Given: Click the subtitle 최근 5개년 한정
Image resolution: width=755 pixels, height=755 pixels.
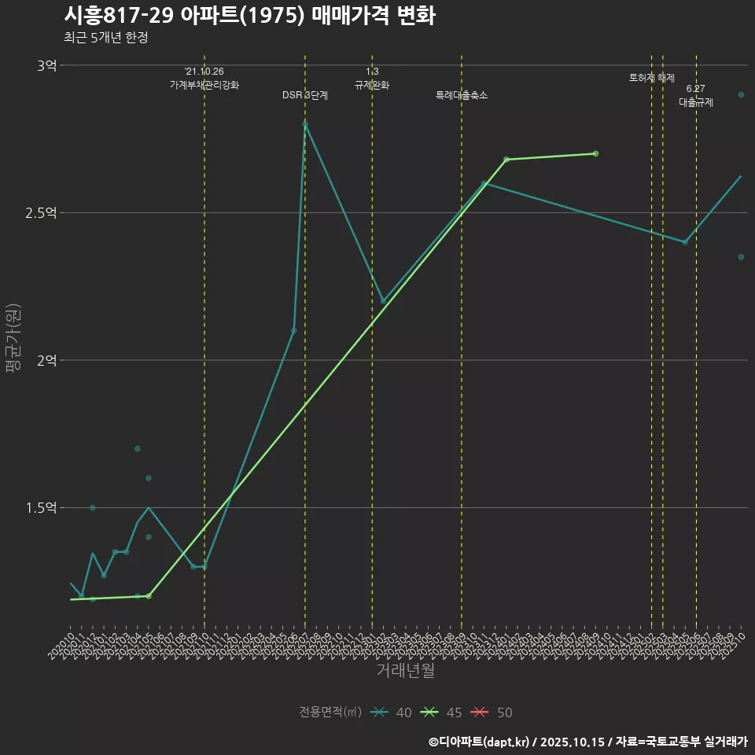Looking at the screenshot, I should pos(106,38).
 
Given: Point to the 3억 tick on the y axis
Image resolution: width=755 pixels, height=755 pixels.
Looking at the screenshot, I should pos(46,66).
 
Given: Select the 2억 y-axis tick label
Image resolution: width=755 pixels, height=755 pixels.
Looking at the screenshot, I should pos(46,361).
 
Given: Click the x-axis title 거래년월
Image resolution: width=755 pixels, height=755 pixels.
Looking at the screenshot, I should pos(405,671).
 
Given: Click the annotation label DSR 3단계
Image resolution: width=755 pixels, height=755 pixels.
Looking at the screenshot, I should pos(305,95).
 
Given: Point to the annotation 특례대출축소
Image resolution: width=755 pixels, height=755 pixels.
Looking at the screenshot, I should pos(462,95).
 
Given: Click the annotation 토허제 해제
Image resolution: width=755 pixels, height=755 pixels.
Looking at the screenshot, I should pos(652,78).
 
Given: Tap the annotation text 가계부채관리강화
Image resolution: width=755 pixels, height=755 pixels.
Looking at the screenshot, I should pos(204,84).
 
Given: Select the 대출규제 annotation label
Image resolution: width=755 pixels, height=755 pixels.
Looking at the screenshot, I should pos(696,102).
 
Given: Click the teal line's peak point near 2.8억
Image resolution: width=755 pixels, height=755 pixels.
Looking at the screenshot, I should pos(305,124).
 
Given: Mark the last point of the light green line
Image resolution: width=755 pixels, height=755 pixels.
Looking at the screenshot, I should pos(595,153).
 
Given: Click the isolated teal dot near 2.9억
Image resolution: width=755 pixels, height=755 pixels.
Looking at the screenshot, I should pos(741,94).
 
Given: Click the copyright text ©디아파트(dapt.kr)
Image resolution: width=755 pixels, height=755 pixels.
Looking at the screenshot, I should pos(481,741).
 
